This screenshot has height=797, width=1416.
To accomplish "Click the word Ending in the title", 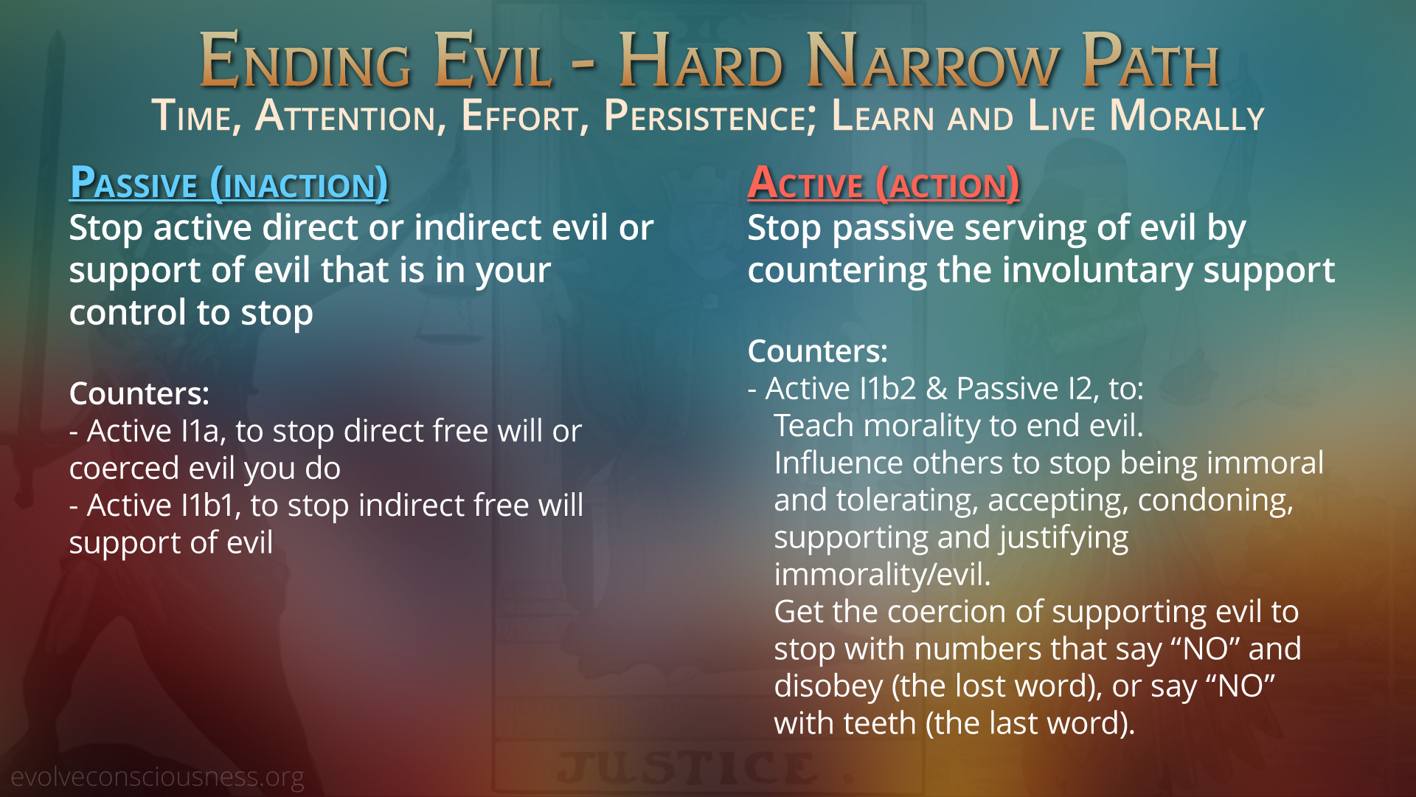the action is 305,61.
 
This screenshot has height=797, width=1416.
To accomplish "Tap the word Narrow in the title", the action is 933,61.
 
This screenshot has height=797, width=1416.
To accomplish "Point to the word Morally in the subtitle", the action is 1187,117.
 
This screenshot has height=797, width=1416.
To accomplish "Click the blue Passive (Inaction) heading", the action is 229,183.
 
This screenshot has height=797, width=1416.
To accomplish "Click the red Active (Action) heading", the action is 884,183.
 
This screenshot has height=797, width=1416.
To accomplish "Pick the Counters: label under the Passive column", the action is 139,393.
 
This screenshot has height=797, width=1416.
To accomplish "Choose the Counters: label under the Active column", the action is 818,351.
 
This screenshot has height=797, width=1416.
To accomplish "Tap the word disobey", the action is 828,686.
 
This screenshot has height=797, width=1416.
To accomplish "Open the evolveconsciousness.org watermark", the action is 157,777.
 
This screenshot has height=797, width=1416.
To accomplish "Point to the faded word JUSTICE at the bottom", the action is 687,768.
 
